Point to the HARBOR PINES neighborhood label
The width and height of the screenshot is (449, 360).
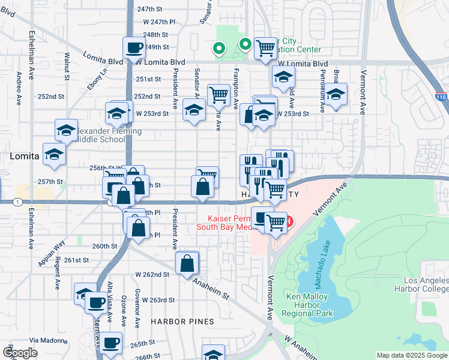(x=181, y=322)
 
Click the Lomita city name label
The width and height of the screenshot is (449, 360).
(x=25, y=156)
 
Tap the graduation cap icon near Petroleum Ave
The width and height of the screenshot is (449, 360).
(x=336, y=94)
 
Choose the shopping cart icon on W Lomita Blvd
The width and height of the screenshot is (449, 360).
(x=265, y=47)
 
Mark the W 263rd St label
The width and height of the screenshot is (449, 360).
(x=154, y=300)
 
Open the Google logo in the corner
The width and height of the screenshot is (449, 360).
(x=20, y=352)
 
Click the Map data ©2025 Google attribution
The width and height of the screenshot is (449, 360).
(x=411, y=355)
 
